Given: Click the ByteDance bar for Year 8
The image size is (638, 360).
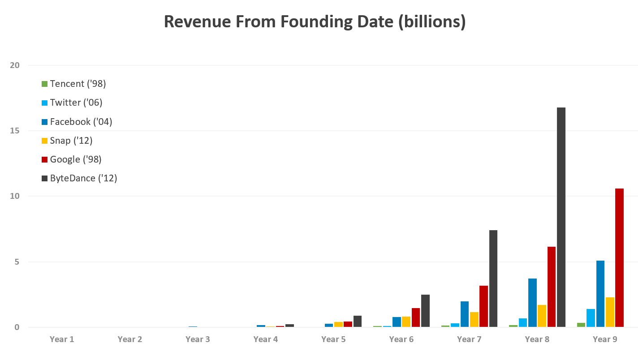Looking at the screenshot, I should (x=561, y=217).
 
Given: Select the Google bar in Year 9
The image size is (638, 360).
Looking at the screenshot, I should (x=619, y=257).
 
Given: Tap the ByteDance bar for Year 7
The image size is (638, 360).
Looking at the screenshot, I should (x=493, y=279).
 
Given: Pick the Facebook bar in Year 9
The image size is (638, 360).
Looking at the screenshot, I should (x=600, y=294).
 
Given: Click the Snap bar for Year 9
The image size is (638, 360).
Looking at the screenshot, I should (x=610, y=312).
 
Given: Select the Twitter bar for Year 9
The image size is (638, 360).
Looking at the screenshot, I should (x=591, y=318).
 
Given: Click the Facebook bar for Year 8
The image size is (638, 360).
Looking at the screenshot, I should (x=532, y=303).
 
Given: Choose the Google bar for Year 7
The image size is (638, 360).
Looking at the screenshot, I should (x=483, y=306).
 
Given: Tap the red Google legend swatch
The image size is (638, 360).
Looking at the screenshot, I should (x=44, y=159).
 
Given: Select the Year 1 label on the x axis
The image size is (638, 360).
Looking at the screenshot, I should (x=62, y=339).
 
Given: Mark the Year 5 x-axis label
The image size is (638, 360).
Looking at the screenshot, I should (x=333, y=339).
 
